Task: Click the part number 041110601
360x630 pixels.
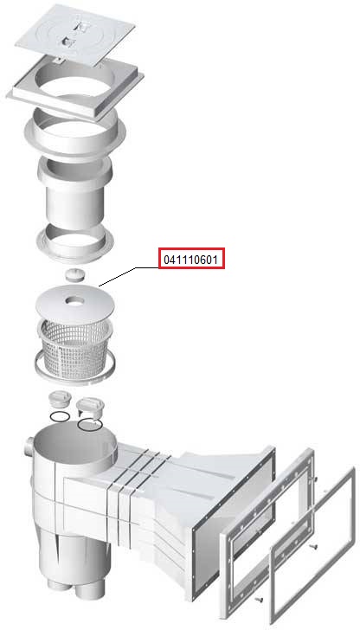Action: pyautogui.click(x=191, y=259)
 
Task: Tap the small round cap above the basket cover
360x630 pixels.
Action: pyautogui.click(x=74, y=275)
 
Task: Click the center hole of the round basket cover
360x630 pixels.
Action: pyautogui.click(x=74, y=300)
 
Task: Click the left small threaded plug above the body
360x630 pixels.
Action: pyautogui.click(x=60, y=400)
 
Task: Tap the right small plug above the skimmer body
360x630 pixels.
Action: pyautogui.click(x=89, y=407)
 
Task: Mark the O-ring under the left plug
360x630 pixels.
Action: pyautogui.click(x=61, y=416)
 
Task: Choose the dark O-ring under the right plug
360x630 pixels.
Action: pyautogui.click(x=90, y=424)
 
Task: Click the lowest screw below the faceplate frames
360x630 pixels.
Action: pyautogui.click(x=258, y=600)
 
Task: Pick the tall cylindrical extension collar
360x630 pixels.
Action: pyautogui.click(x=74, y=190)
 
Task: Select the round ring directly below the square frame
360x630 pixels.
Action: pyautogui.click(x=74, y=132)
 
